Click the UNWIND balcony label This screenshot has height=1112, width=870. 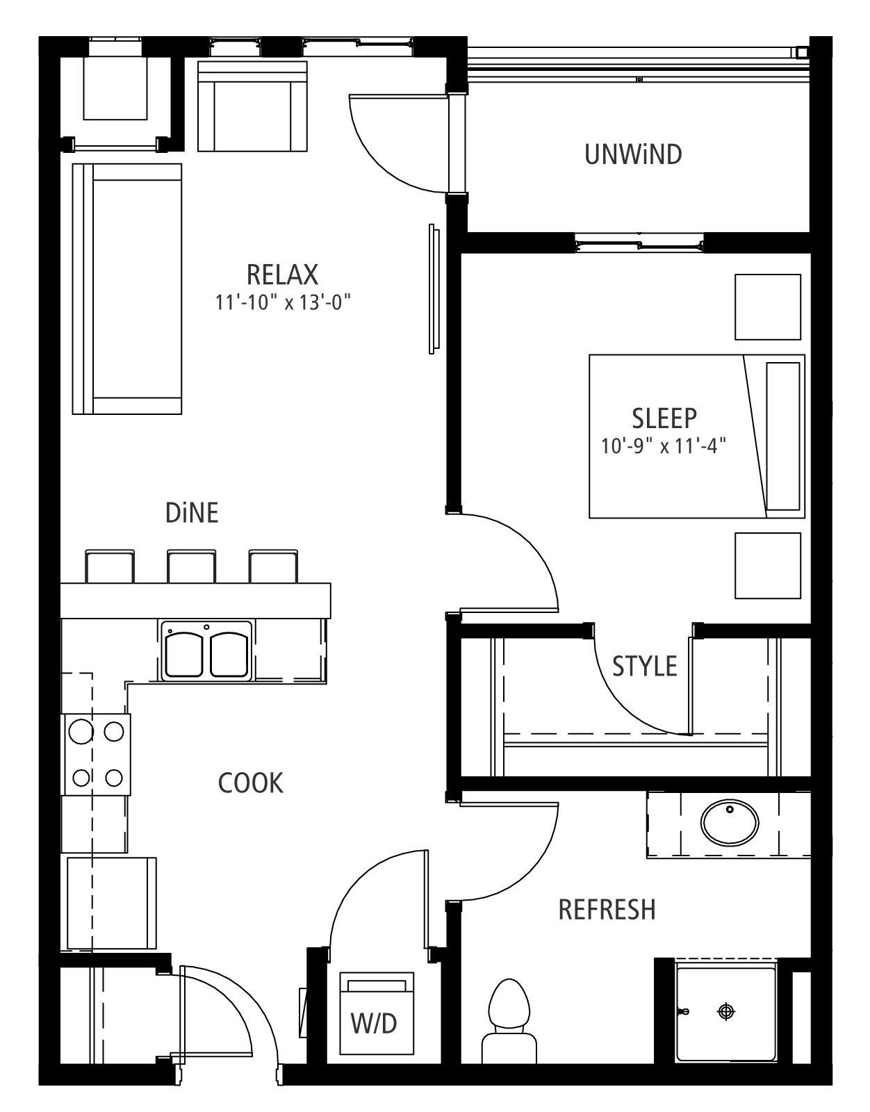pos(633,154)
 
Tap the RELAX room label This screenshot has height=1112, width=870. pos(282,275)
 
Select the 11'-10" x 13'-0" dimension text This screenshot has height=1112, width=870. pos(283,303)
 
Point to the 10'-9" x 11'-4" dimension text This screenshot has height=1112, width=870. pos(664,446)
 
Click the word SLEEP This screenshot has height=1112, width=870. pos(664,418)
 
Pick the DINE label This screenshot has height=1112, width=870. pos(192,513)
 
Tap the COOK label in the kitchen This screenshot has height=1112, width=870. pos(251,783)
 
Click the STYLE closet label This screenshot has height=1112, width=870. pos(644,666)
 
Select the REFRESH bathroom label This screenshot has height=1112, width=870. pos(607,909)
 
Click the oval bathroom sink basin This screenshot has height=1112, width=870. pos(730,822)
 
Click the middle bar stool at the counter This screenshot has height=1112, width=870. pos(192,566)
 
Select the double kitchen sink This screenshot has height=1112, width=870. pos(206,651)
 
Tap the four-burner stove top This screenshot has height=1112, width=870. pos(96,755)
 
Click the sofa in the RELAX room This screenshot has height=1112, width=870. pos(127,288)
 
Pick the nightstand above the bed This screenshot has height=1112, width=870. pos(768,306)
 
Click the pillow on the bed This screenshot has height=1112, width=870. pos(783,436)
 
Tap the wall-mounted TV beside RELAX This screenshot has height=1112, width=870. pos(434,288)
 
